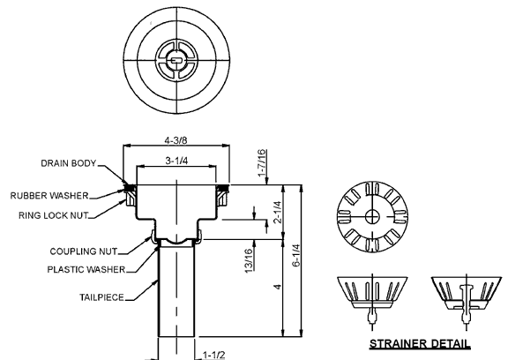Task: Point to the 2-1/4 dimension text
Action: pyautogui.click(x=277, y=212)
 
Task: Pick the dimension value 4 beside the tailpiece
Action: pyautogui.click(x=277, y=288)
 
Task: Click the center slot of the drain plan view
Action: pyautogui.click(x=176, y=60)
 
